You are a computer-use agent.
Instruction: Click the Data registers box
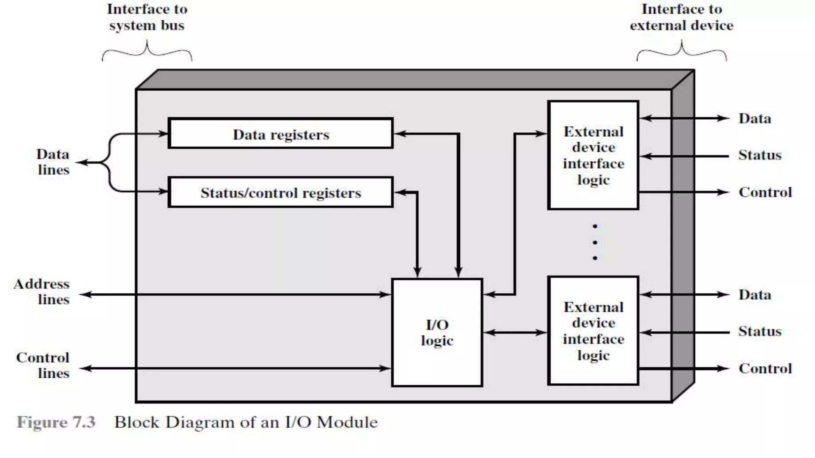(281, 134)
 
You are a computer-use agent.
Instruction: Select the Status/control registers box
(281, 192)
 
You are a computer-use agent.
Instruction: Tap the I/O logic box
(437, 332)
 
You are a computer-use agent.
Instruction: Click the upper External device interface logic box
(593, 155)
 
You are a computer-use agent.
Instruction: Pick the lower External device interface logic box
(593, 331)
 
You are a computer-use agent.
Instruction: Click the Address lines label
(42, 291)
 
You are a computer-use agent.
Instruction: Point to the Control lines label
(43, 365)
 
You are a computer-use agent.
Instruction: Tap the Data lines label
(53, 162)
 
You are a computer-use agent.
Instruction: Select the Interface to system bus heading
(147, 17)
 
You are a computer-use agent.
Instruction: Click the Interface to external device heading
(681, 17)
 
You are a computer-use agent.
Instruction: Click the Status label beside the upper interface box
(760, 155)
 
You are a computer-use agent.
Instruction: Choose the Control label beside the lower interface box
(765, 369)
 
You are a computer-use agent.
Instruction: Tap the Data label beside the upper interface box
(755, 118)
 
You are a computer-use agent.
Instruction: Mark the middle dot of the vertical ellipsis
(595, 242)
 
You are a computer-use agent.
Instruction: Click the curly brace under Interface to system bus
(147, 52)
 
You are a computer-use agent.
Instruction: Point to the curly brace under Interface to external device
(682, 52)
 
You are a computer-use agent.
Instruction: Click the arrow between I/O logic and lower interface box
(515, 332)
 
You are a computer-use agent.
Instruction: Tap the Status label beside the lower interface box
(760, 331)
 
